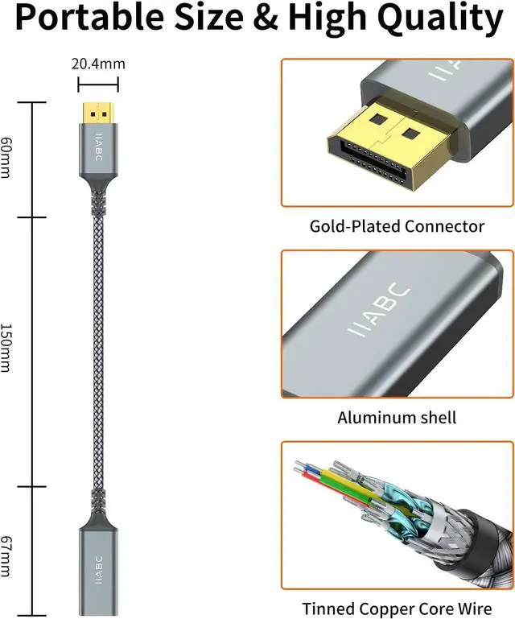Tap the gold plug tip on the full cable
(99, 110)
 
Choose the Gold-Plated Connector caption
(397, 226)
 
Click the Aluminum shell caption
(397, 418)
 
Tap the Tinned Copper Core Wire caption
(397, 609)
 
